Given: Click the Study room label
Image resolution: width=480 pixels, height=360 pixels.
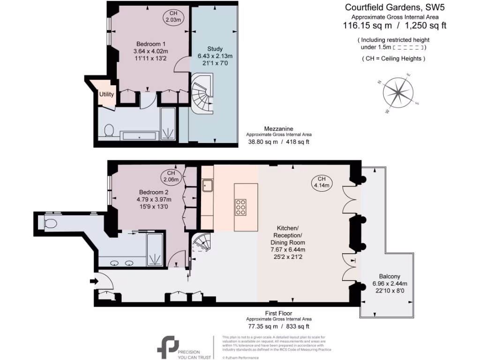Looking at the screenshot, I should pyautogui.click(x=215, y=49).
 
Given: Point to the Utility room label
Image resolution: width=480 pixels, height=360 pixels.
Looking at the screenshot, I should pyautogui.click(x=106, y=94).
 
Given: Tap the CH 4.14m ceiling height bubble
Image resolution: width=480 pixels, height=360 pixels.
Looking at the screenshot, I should pyautogui.click(x=322, y=182).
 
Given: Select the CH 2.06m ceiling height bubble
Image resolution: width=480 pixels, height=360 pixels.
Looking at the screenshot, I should pyautogui.click(x=171, y=176).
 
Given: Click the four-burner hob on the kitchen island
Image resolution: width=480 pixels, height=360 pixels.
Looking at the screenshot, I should pyautogui.click(x=240, y=207).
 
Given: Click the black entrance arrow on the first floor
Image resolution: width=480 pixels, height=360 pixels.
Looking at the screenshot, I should pyautogui.click(x=93, y=281).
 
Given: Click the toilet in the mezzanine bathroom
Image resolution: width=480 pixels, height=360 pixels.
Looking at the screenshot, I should pyautogui.click(x=109, y=130).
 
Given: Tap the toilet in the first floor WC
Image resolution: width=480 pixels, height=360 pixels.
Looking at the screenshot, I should pyautogui.click(x=49, y=222).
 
